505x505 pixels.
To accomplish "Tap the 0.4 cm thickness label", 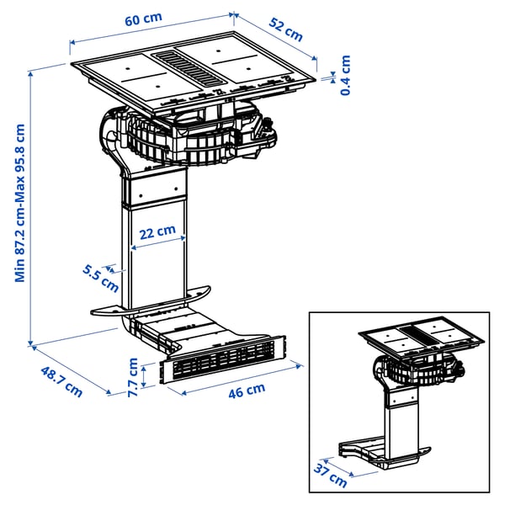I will point(345,75).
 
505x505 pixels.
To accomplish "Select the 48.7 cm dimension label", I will point(61,379).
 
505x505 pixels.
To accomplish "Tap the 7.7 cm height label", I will point(132,373).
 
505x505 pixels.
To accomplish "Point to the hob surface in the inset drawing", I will point(422,335).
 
